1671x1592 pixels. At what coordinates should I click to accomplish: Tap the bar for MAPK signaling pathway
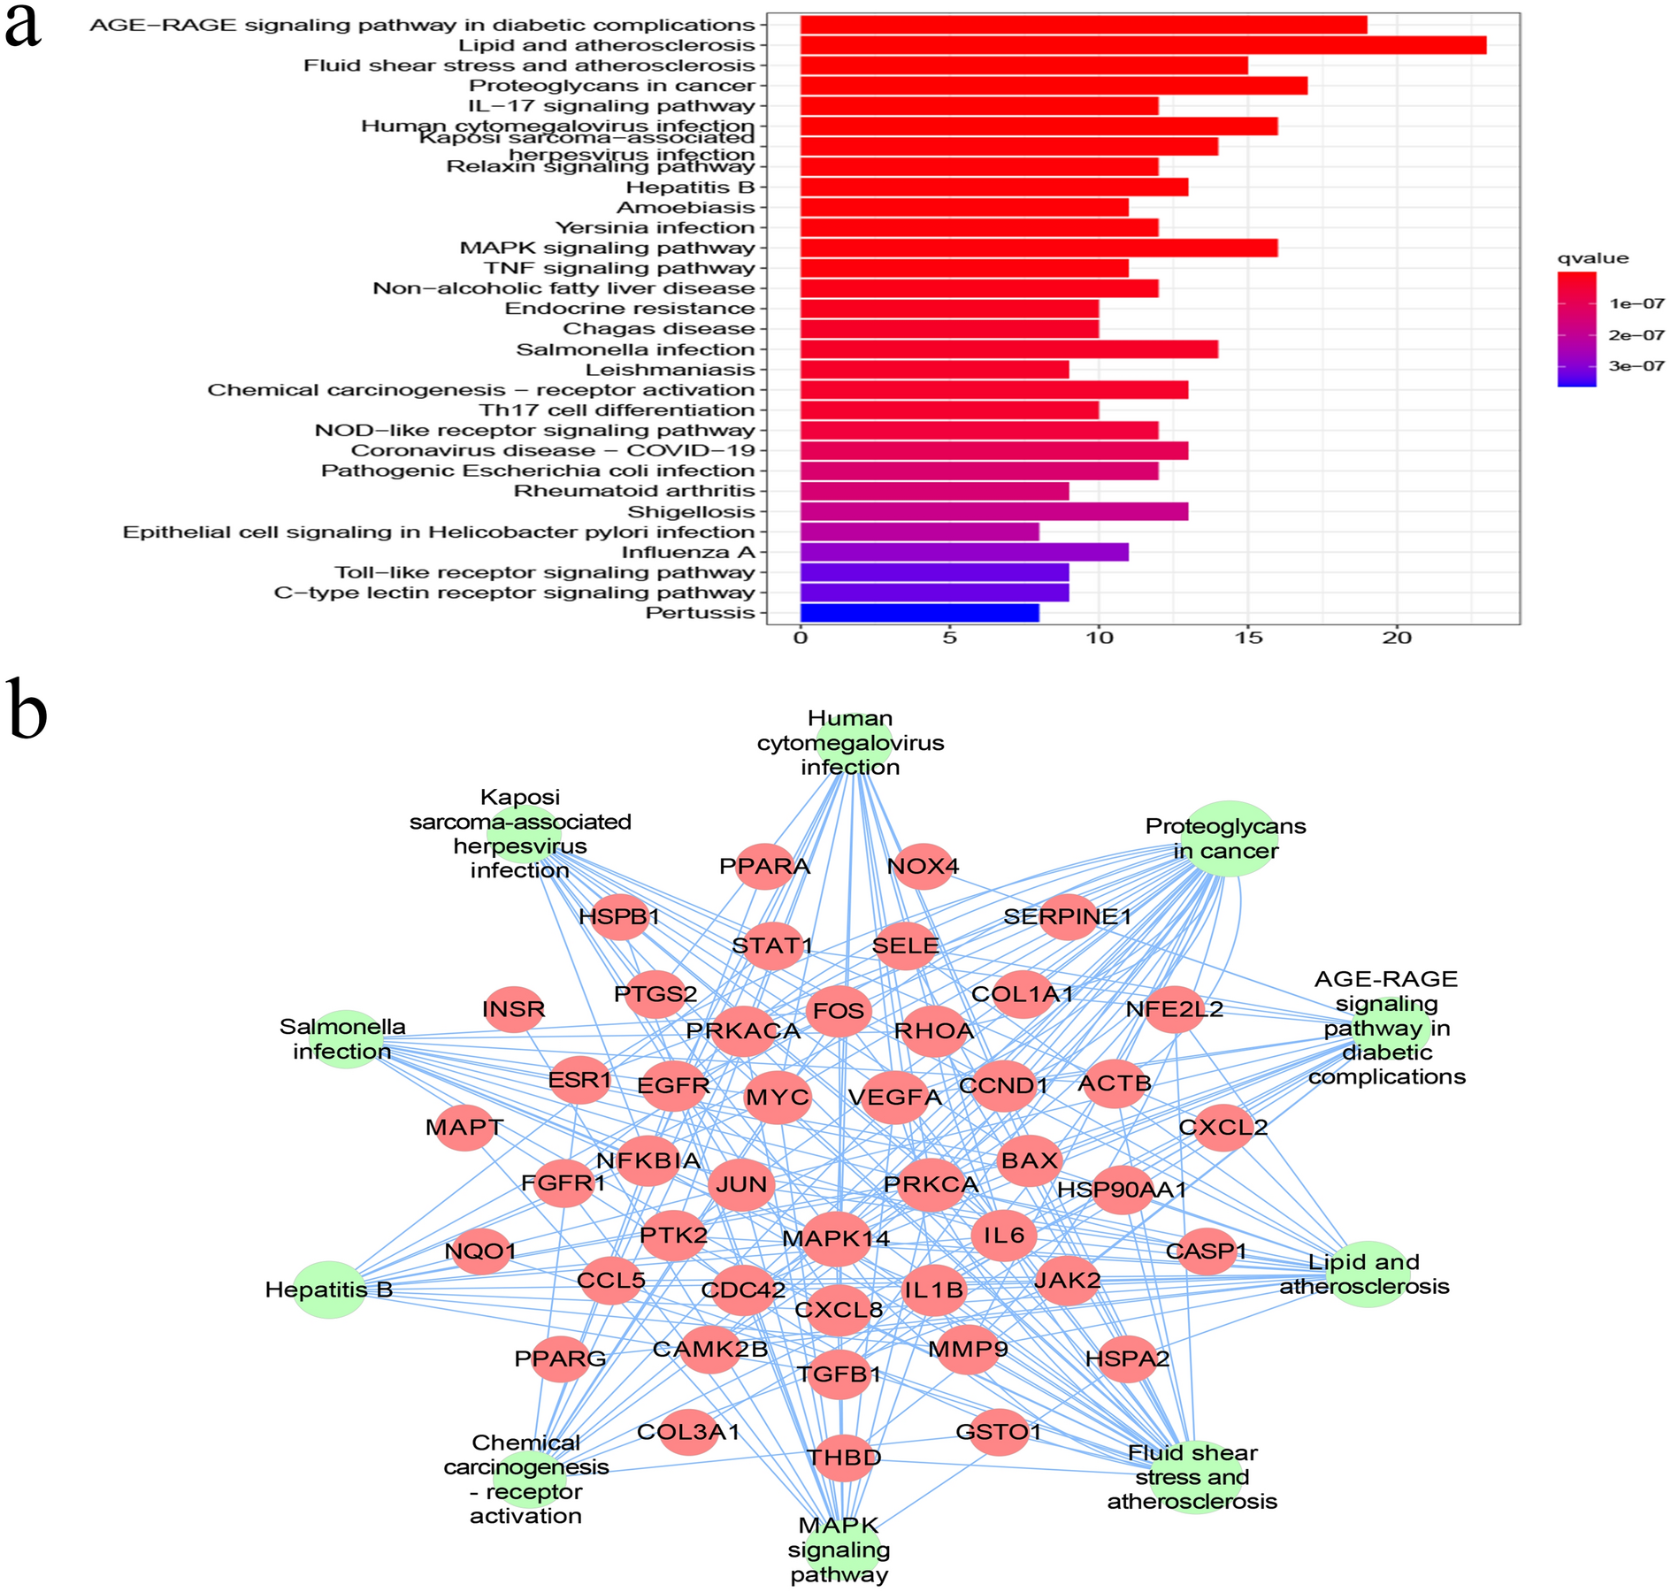point(1038,248)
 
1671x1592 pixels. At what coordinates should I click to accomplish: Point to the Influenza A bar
point(963,553)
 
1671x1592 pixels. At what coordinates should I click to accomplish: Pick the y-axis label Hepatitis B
point(690,188)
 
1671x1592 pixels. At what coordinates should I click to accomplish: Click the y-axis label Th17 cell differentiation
point(617,410)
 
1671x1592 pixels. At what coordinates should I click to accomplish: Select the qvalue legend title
point(1592,259)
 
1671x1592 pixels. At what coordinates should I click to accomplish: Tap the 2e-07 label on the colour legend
point(1637,335)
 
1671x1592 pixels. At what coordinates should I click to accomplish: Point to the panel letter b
point(27,712)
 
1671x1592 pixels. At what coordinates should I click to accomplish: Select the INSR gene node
point(514,1009)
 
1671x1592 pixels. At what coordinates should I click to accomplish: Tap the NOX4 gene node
point(923,867)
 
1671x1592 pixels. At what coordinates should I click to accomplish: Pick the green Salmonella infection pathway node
point(346,1039)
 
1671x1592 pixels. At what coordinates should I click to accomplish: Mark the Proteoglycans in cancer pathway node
point(1228,838)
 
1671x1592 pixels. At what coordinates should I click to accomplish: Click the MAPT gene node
point(464,1128)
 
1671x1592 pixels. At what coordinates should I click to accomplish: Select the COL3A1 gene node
point(688,1432)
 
